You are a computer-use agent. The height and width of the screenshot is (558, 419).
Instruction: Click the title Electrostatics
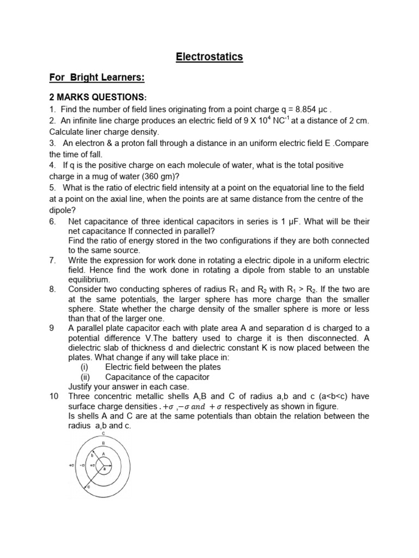point(209,57)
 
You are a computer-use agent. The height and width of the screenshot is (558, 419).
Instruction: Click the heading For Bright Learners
point(97,78)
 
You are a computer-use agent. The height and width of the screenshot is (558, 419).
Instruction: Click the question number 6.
point(52,221)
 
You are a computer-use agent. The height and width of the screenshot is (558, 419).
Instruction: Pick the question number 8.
point(52,289)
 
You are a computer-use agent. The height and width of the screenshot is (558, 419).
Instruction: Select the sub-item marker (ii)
point(85,377)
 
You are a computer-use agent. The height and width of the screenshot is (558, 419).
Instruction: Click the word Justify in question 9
point(81,386)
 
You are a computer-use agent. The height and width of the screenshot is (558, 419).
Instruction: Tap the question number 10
point(54,396)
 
